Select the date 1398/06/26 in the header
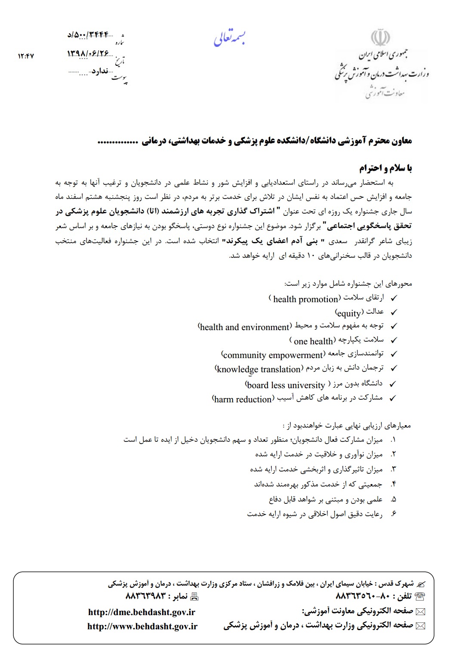[88, 53]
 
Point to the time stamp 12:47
[26, 56]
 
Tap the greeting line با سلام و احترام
[385, 168]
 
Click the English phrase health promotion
[305, 299]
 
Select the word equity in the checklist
[349, 313]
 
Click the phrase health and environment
[244, 327]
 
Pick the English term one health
[313, 341]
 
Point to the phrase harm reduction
[243, 399]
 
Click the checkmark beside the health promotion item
[393, 298]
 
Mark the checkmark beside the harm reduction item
[392, 398]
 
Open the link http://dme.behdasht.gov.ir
[142, 612]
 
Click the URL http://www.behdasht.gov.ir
[142, 626]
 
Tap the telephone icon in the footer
[420, 596]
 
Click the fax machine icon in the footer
[194, 596]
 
